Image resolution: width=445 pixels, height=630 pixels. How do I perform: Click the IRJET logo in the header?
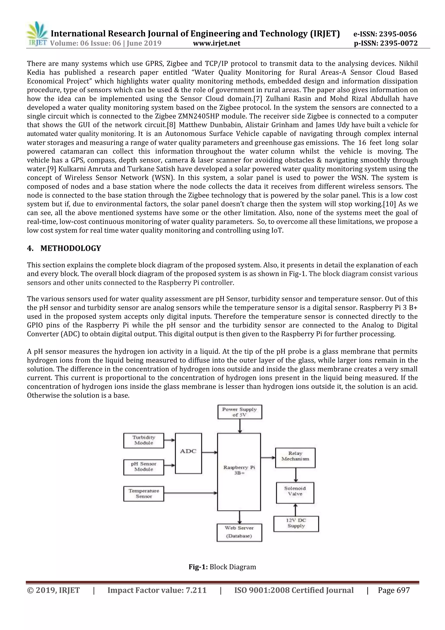click(x=37, y=34)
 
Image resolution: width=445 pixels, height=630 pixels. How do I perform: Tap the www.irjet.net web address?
click(x=216, y=43)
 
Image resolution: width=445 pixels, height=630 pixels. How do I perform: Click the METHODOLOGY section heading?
click(x=71, y=248)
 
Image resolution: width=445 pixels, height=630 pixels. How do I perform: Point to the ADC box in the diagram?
click(x=188, y=453)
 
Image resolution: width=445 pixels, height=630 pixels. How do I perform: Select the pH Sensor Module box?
click(x=144, y=467)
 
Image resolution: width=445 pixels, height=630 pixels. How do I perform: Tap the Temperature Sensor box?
click(x=144, y=494)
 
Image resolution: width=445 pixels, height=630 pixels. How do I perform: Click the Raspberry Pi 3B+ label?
click(x=239, y=470)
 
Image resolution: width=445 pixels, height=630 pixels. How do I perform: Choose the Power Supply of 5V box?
click(x=239, y=412)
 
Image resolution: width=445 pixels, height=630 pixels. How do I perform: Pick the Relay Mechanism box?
click(x=295, y=458)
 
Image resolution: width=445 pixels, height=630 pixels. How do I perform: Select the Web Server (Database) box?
click(x=239, y=532)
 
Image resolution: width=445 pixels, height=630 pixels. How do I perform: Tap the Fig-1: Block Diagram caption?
click(x=222, y=567)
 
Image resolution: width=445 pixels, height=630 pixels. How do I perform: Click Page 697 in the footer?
click(x=394, y=590)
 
